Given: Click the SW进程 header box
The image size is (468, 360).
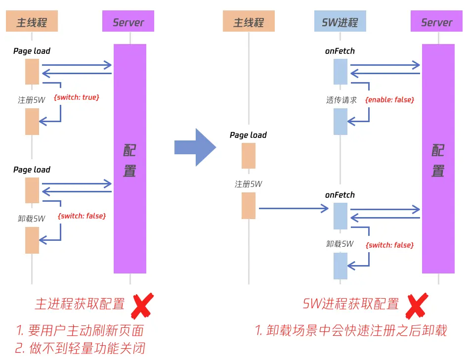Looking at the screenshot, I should (x=340, y=22).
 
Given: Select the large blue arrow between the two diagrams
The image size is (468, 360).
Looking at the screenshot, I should (x=196, y=147).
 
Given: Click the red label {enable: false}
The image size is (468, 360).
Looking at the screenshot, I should (x=389, y=100).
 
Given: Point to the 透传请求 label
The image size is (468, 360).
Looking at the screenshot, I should (x=341, y=100).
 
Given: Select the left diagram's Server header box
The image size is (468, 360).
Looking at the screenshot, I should (x=128, y=22).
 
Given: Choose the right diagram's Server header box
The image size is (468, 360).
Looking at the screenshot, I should (x=436, y=22).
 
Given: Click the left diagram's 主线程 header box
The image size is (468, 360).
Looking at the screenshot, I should (x=32, y=22).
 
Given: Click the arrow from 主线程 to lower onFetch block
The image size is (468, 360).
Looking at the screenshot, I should (x=294, y=209).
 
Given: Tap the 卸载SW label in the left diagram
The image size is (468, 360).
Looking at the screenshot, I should (x=32, y=218).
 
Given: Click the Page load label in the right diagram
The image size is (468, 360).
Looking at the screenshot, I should (x=248, y=135).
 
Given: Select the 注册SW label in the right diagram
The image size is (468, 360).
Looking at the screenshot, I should (x=248, y=184).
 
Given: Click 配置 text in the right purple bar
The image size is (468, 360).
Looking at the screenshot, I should (x=438, y=161).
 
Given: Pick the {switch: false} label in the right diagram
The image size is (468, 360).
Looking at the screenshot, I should (x=389, y=245).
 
